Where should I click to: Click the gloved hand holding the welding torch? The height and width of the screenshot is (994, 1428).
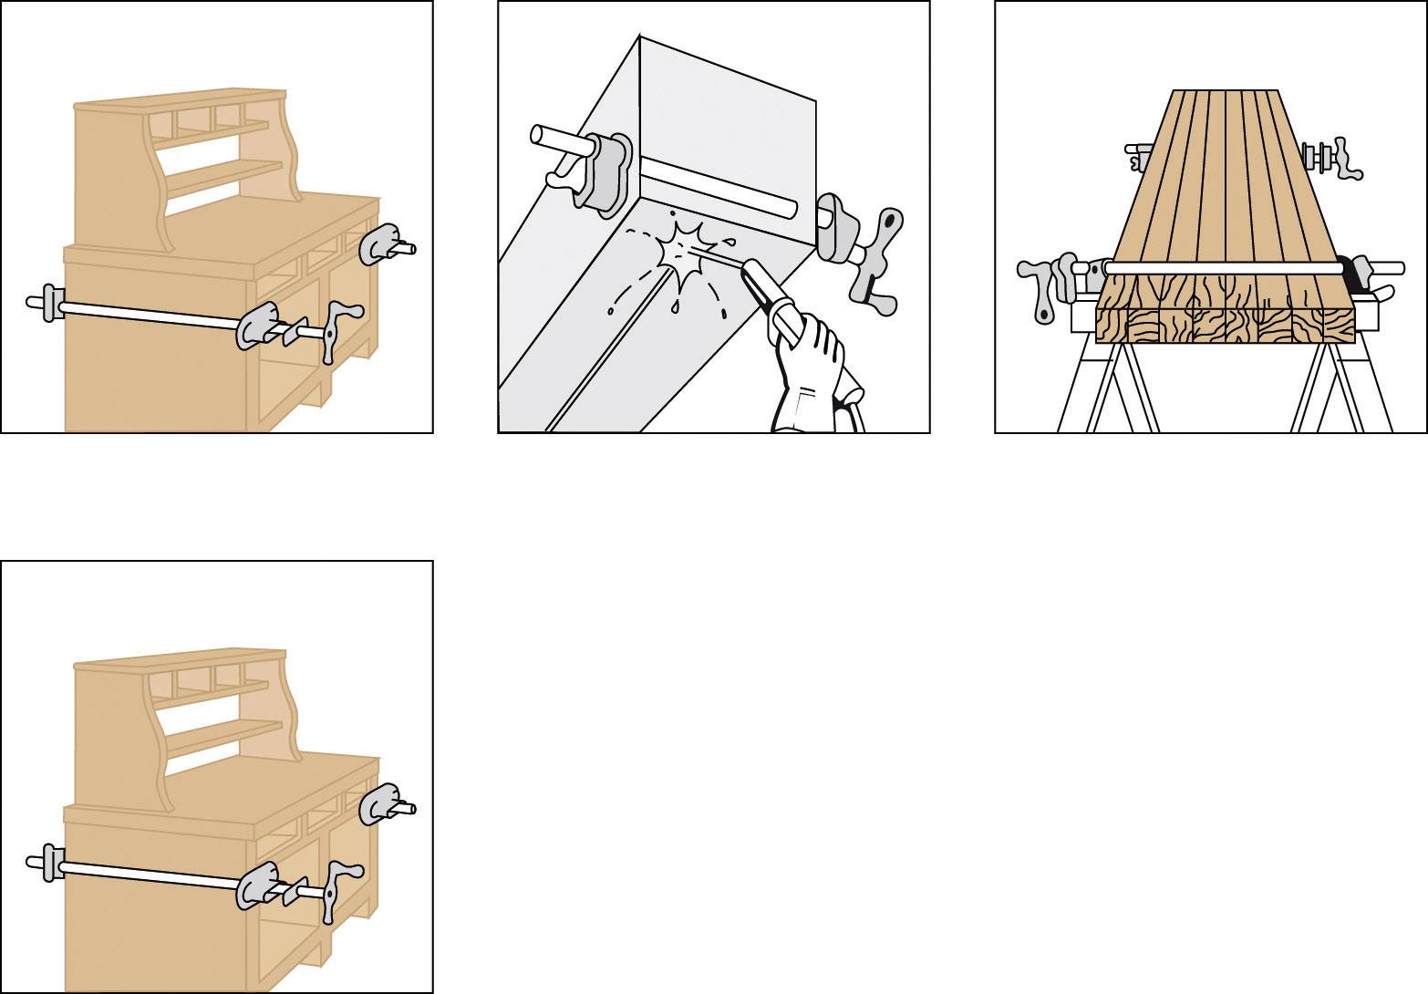(x=810, y=365)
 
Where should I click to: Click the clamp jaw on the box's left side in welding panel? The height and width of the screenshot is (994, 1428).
(x=604, y=173)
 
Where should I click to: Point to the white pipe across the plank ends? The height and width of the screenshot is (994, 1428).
(x=1222, y=267)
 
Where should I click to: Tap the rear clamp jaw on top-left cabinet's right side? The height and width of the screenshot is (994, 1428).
(x=378, y=243)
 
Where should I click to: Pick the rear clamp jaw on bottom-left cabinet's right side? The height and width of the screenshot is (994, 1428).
(x=378, y=802)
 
